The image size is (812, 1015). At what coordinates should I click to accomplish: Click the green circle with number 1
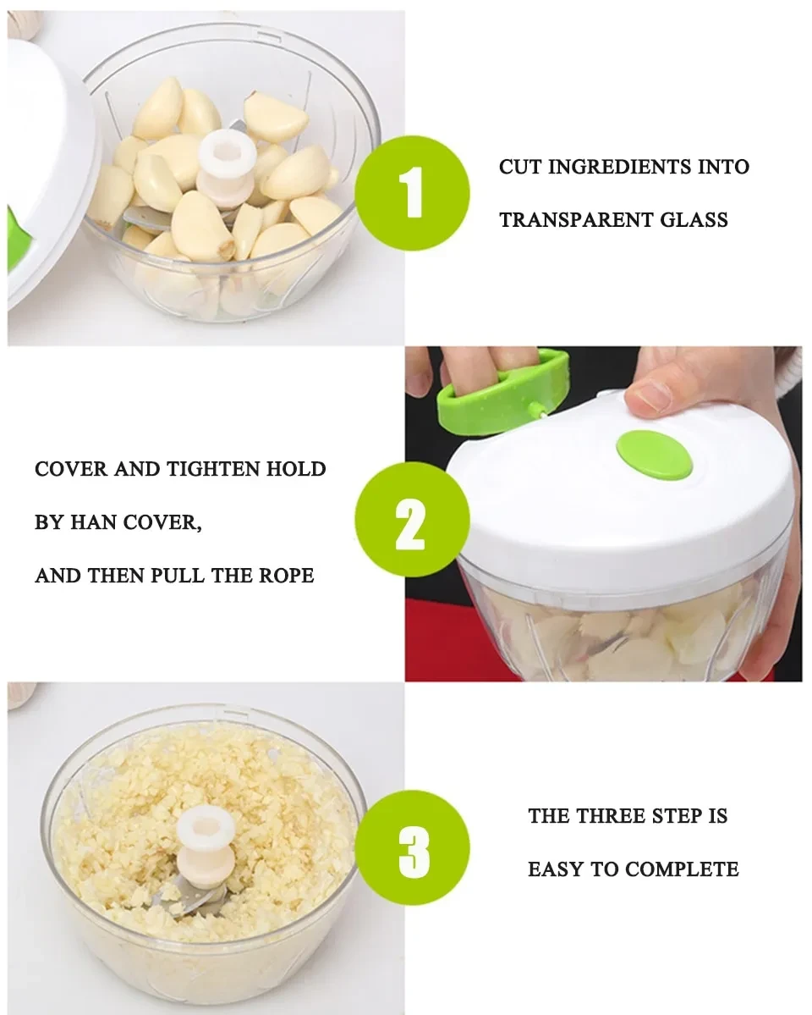(412, 192)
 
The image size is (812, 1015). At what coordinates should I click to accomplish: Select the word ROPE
(285, 576)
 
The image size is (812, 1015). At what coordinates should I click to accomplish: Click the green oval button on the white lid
(654, 455)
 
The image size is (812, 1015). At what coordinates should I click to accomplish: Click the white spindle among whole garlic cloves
(227, 161)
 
